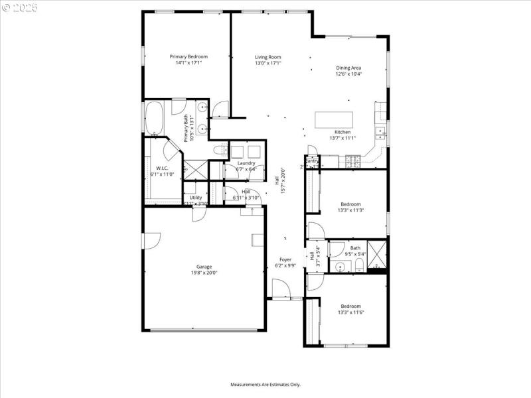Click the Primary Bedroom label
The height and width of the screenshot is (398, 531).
pyautogui.click(x=189, y=57)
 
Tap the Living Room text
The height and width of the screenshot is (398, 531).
pyautogui.click(x=268, y=57)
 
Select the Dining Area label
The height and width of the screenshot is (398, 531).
pyautogui.click(x=348, y=68)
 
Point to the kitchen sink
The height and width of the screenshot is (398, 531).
pyautogui.click(x=381, y=131)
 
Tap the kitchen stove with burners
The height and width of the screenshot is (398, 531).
pyautogui.click(x=351, y=161)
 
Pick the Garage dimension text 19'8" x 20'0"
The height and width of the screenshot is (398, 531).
pyautogui.click(x=204, y=273)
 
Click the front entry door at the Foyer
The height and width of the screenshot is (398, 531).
pyautogui.click(x=281, y=290)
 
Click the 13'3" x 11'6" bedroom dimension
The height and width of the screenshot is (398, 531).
pyautogui.click(x=350, y=312)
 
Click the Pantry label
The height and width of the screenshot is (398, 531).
pyautogui.click(x=312, y=161)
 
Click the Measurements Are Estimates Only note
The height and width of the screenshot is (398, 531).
pyautogui.click(x=265, y=384)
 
